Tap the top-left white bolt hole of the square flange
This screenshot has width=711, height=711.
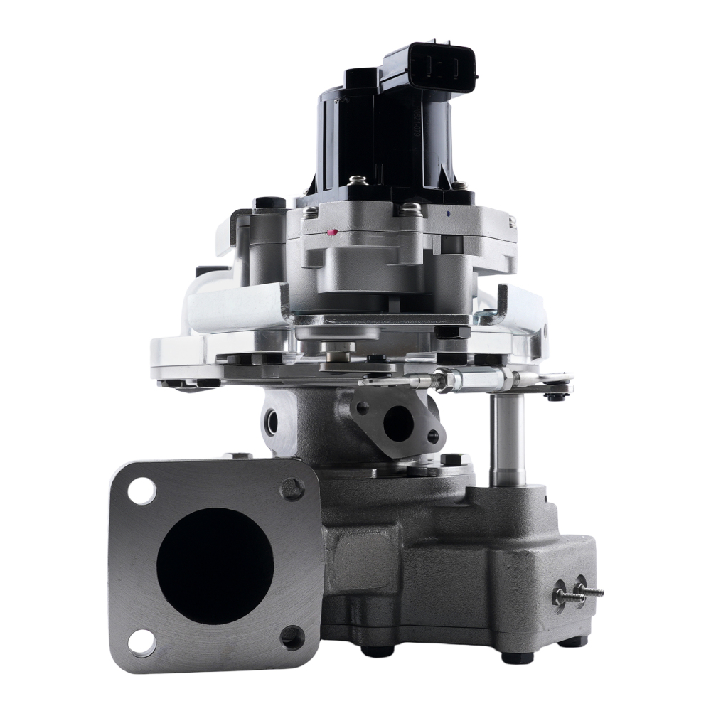pos(142,491)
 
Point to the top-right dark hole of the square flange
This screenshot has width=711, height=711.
pos(292,488)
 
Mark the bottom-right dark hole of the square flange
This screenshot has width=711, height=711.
pos(292,637)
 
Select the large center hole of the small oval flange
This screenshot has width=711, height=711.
pos(397,424)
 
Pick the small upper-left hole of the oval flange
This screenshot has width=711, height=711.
pos(362,407)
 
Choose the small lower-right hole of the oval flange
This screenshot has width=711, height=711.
pos(432,437)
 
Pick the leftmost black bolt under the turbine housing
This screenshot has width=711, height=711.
pos(375,650)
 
